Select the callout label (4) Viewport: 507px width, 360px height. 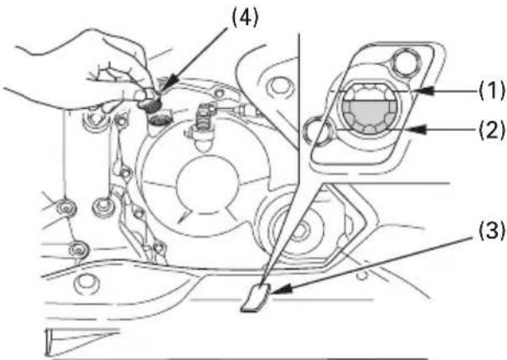[246, 18]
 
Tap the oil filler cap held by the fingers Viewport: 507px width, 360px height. [150, 101]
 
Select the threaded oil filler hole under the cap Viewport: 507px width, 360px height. [159, 119]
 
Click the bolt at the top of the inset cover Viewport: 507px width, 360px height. [405, 62]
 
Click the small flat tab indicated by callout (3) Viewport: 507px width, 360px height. [256, 298]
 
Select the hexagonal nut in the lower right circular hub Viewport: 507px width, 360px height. [301, 231]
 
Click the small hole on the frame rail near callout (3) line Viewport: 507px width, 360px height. [363, 275]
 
